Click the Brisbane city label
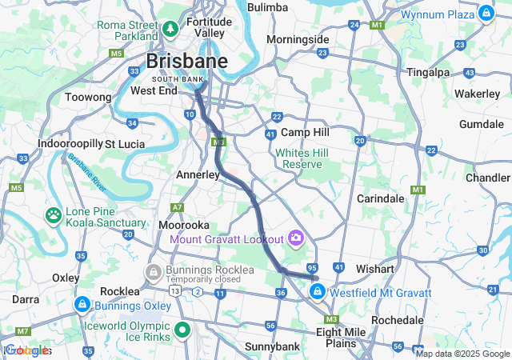pos(186,62)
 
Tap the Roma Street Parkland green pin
pos(170,30)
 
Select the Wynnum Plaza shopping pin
pos(486,14)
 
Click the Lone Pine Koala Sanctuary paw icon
pos(54,214)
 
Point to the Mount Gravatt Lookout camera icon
pos(296,238)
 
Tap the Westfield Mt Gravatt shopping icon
pos(318,292)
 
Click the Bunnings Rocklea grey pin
pos(153,273)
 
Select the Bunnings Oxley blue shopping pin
pos(82,305)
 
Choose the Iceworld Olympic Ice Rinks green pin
pos(182,328)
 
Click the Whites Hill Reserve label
pos(298,158)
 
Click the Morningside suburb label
pos(298,39)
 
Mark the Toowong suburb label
pos(88,97)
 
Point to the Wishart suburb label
pos(375,269)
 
